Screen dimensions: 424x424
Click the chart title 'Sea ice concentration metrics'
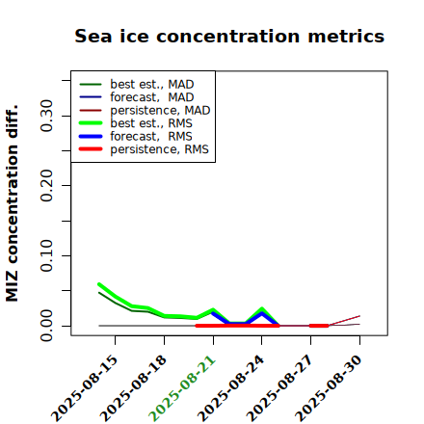click(229, 36)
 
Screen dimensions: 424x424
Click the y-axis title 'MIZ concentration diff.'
click(12, 203)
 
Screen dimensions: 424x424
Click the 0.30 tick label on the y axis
click(47, 116)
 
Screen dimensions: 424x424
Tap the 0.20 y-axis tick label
click(47, 186)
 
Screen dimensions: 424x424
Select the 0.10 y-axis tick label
click(47, 255)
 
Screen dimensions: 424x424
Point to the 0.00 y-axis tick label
click(47, 326)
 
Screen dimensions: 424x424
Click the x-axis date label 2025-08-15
click(84, 388)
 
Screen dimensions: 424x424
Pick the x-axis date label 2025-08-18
click(133, 388)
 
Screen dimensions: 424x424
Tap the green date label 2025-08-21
click(182, 388)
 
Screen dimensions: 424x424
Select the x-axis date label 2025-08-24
click(230, 388)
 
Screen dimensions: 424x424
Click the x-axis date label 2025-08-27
click(279, 388)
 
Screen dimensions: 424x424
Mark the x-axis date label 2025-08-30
click(329, 388)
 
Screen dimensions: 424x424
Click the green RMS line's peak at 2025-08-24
click(262, 308)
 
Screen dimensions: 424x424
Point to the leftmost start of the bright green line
click(99, 284)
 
